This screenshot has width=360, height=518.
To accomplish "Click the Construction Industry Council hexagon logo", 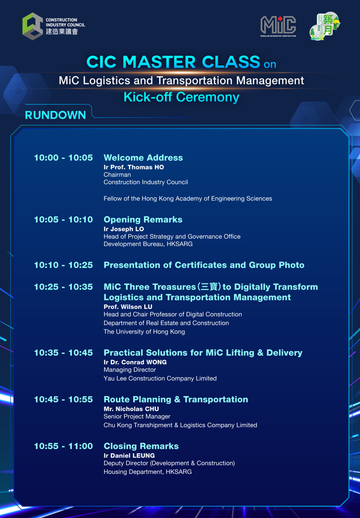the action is [33, 26].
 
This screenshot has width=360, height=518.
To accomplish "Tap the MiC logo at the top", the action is [278, 26].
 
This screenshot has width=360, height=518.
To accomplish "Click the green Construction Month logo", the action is [325, 26].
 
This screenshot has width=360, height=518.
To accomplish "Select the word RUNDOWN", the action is [55, 115].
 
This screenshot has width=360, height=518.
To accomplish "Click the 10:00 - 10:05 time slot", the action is [63, 158].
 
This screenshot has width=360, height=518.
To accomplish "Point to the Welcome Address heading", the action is [143, 158].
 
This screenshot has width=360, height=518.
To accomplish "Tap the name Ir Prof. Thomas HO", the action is [134, 167].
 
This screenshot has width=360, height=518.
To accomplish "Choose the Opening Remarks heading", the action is [143, 220].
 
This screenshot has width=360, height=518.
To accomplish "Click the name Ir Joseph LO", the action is [123, 229].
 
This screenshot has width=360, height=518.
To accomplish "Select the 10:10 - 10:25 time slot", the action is [63, 265].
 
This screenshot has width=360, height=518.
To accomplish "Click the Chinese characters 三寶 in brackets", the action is [209, 287].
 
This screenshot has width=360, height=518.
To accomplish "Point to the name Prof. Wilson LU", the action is [128, 307].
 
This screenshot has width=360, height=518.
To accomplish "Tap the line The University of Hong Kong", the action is [144, 332].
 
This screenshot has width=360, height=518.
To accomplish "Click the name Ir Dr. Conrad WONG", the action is [135, 362].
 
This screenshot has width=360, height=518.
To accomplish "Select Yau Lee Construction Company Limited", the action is [160, 378].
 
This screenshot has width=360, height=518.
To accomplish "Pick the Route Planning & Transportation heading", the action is [176, 399].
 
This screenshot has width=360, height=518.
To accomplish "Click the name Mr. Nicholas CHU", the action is [131, 409].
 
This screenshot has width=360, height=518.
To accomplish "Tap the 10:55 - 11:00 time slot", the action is [63, 446].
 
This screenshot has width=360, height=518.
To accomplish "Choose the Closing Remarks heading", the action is [141, 446].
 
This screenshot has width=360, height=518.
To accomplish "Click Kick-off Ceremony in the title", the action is [182, 97].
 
